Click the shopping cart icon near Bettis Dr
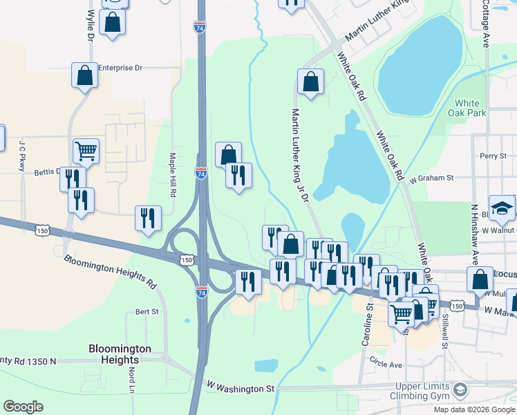[x=86, y=150]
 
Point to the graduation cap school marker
[x=502, y=207]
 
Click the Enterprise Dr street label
[x=120, y=68]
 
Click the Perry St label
[x=493, y=156]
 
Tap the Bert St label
[x=147, y=312]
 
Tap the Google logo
[x=23, y=407]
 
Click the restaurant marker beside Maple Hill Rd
[x=148, y=218]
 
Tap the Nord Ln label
[x=131, y=377]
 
